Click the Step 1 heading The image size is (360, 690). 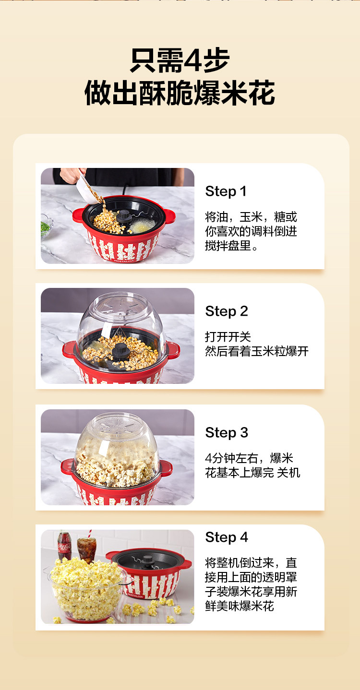point(226,191)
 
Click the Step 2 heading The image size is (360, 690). point(227,311)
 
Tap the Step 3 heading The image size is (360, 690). point(227,432)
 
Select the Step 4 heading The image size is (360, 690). point(227,537)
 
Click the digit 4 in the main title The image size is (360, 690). point(192,60)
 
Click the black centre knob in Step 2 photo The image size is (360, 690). point(120,352)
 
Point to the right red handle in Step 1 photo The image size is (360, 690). point(170,216)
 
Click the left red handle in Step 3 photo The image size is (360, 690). point(67,467)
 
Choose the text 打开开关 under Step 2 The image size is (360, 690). point(228,337)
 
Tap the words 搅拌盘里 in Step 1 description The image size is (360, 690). point(228,246)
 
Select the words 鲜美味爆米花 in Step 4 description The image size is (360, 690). point(240,606)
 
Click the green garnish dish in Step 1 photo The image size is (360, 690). point(46,226)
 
